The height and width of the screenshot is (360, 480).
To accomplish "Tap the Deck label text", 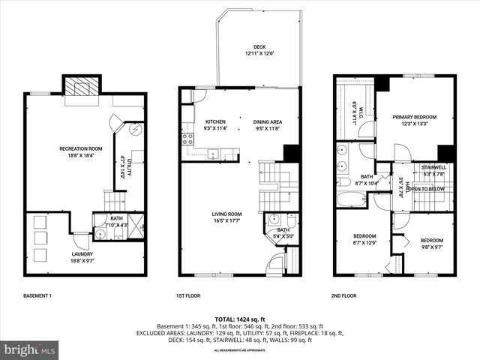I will pyautogui.click(x=259, y=50).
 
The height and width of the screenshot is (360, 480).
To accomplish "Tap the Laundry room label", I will pyautogui.click(x=82, y=257).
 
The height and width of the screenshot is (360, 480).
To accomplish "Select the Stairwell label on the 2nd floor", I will pyautogui.click(x=434, y=170).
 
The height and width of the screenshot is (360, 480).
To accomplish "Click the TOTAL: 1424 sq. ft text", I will pyautogui.click(x=239, y=319).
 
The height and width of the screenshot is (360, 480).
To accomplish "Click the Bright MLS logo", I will pyautogui.click(x=30, y=349).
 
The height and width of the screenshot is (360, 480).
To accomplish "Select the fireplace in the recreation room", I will pyautogui.click(x=76, y=89).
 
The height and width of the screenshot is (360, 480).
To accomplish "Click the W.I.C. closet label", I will pyautogui.click(x=359, y=111).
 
